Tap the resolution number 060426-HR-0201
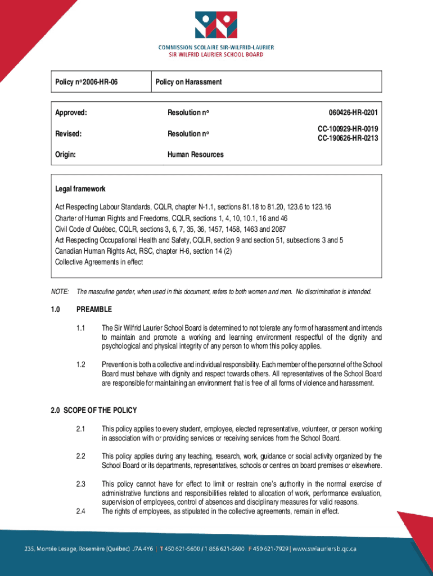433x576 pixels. point(349,112)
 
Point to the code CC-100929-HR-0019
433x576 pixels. point(348,129)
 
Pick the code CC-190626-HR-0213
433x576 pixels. point(348,138)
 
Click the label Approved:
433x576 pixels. point(71,112)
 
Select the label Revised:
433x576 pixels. point(69,134)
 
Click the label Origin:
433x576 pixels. point(66,154)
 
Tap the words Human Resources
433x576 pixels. point(195,154)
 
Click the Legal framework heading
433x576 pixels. point(80,189)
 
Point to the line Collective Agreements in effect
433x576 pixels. point(99,262)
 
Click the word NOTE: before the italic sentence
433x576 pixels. point(60,292)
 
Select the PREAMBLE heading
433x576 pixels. point(94,309)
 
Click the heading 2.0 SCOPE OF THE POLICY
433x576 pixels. point(93,410)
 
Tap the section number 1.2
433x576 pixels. point(81,364)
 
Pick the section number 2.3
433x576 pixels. point(81,484)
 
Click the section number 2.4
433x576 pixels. point(81,511)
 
